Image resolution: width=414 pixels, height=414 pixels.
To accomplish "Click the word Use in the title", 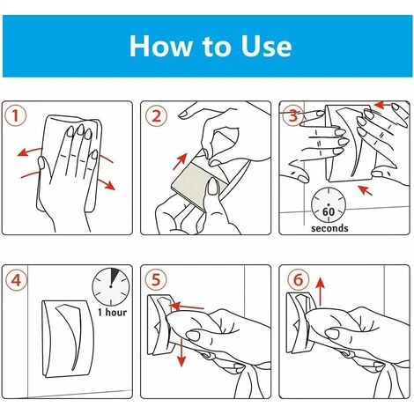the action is pos(266,46).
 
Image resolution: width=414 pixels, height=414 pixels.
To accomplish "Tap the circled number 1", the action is pos(16,115).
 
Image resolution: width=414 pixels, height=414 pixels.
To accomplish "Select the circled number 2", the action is pos(157,116).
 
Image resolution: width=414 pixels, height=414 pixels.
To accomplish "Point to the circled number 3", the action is pos(293,115).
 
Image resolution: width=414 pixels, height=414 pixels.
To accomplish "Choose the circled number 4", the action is pos(16,280).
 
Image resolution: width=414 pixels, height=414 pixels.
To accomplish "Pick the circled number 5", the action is pos(156,279).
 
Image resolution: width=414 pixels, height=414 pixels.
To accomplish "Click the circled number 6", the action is pos(299,279).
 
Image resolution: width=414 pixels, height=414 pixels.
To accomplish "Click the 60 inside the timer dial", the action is pos(329,211).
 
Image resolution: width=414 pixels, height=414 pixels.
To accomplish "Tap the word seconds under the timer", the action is pos(329,228).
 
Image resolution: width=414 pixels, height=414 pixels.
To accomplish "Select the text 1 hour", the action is pos(112,312).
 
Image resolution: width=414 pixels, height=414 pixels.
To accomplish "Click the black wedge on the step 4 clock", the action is pos(114,276).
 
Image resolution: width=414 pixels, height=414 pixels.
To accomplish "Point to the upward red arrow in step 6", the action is pos(321,292).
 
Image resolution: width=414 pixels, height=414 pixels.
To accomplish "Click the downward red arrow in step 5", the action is pos(182,352).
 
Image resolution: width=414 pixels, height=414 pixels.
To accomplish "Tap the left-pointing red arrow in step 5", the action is pos(187,307).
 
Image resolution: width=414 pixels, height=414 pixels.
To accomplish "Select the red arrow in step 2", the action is pos(180,162).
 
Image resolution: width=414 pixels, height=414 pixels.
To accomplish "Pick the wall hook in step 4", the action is pos(68,338).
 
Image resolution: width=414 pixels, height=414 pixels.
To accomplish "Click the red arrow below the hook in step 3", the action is pos(365,190).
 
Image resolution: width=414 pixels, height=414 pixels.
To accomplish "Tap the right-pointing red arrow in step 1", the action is pos(106,183).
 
